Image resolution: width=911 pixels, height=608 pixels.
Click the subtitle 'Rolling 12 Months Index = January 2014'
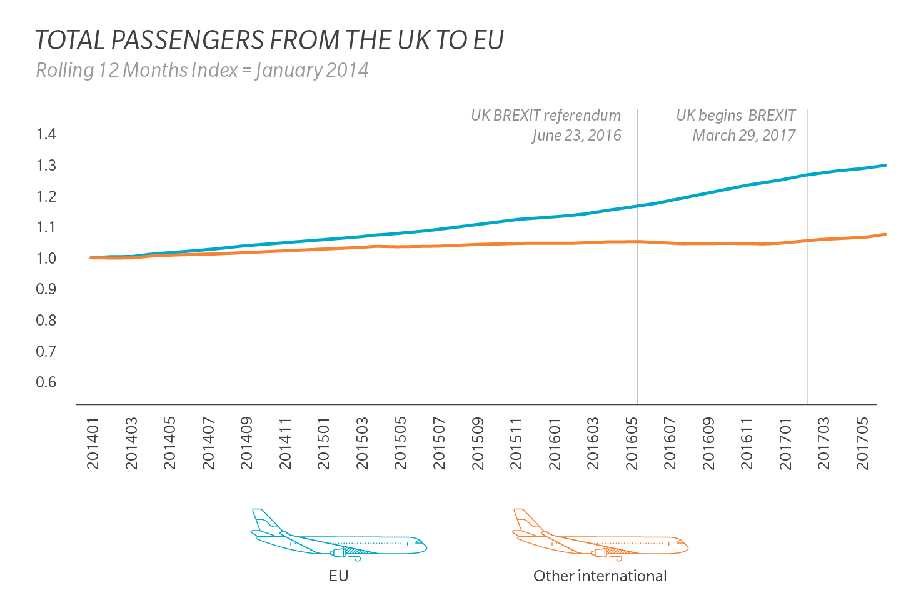pos(202,70)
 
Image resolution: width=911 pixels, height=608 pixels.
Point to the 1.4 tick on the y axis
pos(46,134)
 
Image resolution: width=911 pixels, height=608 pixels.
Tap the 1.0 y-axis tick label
pos(46,258)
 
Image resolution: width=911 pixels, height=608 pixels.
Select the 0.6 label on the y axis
pos(46,382)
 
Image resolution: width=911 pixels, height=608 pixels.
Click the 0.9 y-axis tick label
pos(46,289)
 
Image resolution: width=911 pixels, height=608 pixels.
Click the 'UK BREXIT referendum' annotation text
pos(546,116)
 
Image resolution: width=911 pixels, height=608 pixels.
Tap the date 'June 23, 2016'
pos(576,136)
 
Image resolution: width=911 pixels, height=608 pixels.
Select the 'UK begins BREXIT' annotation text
pos(735,116)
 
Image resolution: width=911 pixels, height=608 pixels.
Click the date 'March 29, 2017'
pos(743,136)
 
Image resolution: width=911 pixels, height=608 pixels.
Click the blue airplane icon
pos(338,533)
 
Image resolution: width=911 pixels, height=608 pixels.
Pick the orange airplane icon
pos(600,533)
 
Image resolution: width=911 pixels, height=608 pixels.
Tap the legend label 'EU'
pos(338,576)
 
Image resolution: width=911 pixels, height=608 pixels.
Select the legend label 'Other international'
pos(600,576)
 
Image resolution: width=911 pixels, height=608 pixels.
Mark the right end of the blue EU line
pos(885,166)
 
